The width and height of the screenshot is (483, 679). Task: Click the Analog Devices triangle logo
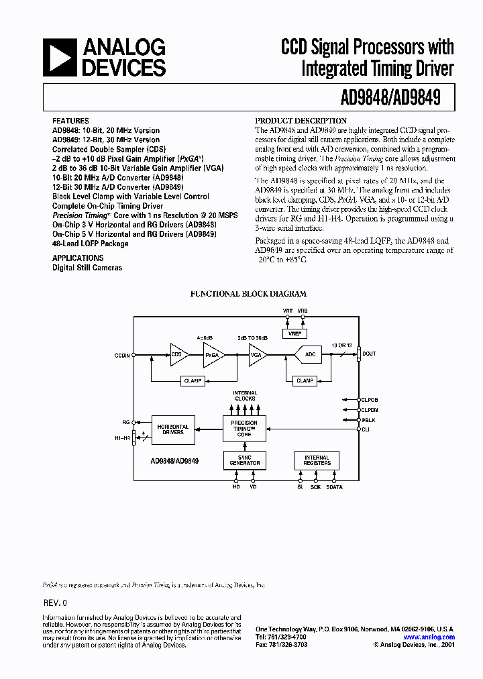pos(59,57)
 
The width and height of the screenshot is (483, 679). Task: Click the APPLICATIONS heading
pos(78,258)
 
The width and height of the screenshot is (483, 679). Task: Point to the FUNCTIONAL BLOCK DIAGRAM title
pos(248,294)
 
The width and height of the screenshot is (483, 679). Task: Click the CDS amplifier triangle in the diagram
pos(178,354)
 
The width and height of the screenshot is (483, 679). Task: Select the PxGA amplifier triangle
pos(213,354)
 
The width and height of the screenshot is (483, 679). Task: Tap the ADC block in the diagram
pos(309,354)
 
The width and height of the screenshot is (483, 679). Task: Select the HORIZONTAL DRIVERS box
pos(173,430)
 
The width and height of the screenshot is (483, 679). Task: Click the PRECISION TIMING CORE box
pos(244,427)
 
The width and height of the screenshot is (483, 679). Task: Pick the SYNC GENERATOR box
pos(244,460)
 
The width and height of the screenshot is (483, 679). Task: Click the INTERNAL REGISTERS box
pos(317,460)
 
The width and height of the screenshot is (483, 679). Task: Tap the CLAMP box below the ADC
pos(305,380)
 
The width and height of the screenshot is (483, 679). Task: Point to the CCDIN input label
pos(122,355)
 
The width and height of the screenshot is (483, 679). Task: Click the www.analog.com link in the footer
pos(439,637)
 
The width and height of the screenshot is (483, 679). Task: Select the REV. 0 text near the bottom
pos(55,603)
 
